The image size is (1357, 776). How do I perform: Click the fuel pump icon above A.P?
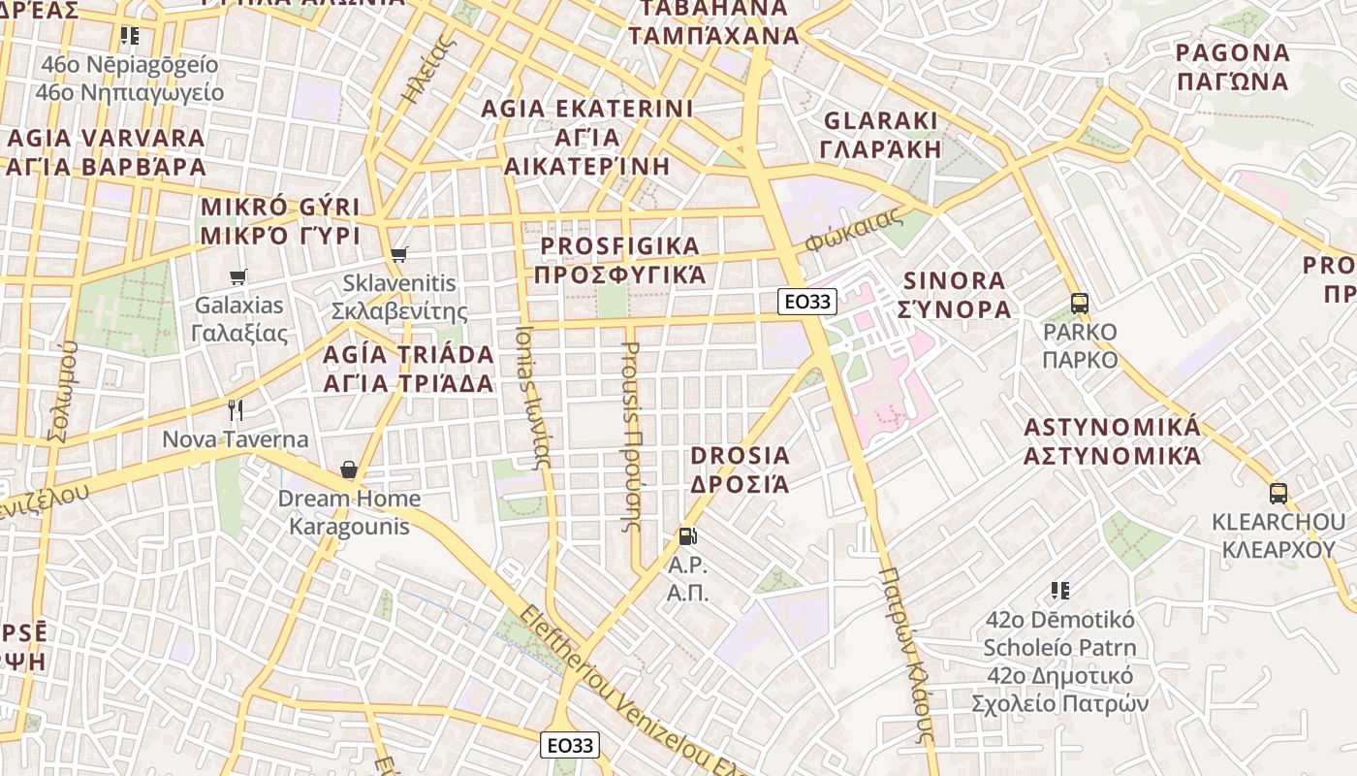(687, 535)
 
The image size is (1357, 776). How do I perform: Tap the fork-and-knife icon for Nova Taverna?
(235, 410)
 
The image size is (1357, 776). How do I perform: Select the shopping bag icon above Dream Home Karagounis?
(349, 470)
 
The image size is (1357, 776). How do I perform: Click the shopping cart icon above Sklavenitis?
(398, 255)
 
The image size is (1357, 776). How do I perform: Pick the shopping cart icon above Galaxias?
(238, 276)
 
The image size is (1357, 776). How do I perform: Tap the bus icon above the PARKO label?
(1080, 303)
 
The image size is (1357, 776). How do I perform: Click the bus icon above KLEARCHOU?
(1278, 493)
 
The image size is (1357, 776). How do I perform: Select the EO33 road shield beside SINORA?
(806, 302)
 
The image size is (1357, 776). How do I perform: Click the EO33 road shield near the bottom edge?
(569, 745)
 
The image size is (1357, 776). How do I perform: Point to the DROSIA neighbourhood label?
(740, 469)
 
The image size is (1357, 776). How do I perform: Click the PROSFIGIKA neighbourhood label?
(620, 260)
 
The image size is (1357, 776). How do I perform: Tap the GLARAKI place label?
(880, 135)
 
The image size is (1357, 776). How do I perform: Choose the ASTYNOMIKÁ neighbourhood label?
(1113, 441)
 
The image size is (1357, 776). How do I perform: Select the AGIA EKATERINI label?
(587, 137)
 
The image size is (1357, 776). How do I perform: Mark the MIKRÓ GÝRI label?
(279, 221)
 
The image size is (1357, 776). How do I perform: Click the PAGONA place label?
(1232, 67)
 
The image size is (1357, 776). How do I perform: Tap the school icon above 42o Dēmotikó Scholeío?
(1059, 590)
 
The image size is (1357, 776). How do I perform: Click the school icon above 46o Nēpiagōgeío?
(130, 36)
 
